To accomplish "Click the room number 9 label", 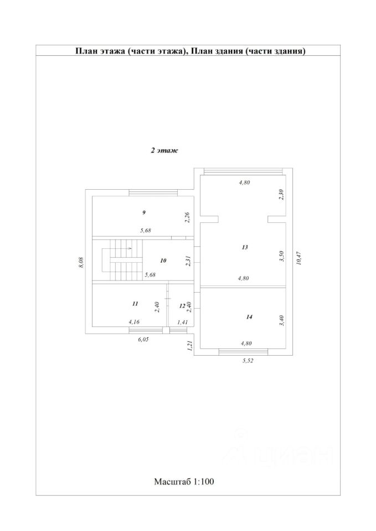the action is point(144,212).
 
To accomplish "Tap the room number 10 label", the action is point(163,260).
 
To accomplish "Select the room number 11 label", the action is point(135,304).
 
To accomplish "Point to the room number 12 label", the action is point(182,305).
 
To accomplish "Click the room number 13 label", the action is point(245,247).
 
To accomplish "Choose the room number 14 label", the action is point(249,317).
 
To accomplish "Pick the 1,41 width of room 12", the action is point(182,321).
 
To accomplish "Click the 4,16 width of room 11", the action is point(134,321).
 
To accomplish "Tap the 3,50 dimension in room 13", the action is point(281,256).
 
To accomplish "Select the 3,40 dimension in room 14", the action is point(281,321).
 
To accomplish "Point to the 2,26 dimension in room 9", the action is point(188,217).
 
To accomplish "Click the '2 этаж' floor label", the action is point(164,150).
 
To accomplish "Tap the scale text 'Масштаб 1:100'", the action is point(184,481).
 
